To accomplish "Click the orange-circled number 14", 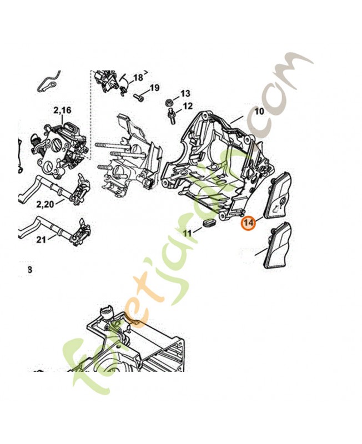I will [x=248, y=223].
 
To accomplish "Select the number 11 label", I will [x=188, y=234].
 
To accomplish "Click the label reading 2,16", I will [x=63, y=111].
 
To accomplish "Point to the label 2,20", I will [x=46, y=205].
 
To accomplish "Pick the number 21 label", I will [x=41, y=240].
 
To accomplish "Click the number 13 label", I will [x=185, y=93].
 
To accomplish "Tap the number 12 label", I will [x=187, y=105].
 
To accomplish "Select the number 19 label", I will [x=154, y=88].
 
